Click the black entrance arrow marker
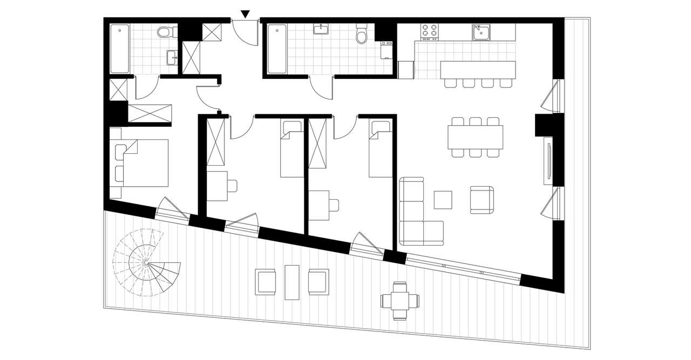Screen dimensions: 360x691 coord(246,14)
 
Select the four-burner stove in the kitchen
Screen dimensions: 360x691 coord(429,32)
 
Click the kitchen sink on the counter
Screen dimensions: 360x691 coord(480,32)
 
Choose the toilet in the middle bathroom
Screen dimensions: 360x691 coord(361,36)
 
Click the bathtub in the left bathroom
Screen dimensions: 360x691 coord(120,49)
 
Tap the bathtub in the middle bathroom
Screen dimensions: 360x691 coord(277,49)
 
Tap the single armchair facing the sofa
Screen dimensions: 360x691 coord(482,200)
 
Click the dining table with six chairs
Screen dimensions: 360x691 coord(475,138)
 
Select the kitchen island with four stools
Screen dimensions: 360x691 coord(478,70)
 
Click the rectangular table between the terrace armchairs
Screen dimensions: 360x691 coord(292,282)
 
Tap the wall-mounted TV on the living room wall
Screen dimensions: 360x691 coord(548,159)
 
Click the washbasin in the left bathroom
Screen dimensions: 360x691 coord(172,57)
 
